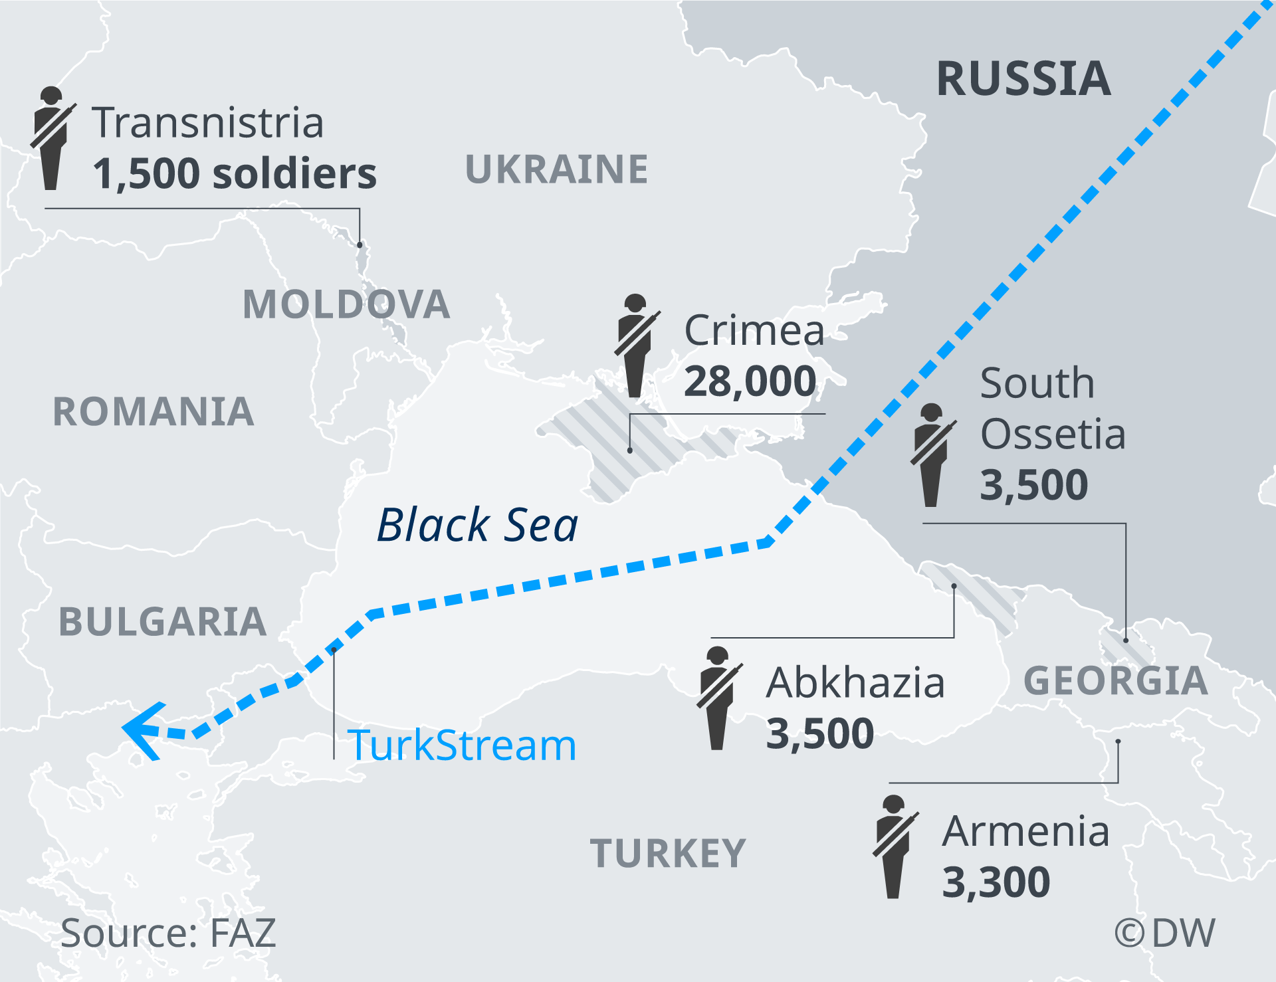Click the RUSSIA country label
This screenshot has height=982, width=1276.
(1023, 79)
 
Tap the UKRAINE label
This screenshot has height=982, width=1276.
(556, 169)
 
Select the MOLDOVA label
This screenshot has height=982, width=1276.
(346, 305)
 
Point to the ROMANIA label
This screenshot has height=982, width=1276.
(154, 412)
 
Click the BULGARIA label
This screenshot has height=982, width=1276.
(163, 623)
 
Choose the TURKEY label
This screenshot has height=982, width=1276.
(668, 854)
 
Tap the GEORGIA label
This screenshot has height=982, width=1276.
(1116, 681)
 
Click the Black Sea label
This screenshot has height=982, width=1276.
(477, 525)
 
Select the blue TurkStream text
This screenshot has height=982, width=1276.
(461, 745)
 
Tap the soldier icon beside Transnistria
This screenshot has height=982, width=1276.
(51, 138)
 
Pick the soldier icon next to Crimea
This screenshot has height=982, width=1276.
(635, 345)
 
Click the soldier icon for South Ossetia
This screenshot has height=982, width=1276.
(932, 455)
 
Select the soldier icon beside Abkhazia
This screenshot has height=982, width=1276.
(718, 698)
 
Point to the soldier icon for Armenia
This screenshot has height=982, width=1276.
(894, 846)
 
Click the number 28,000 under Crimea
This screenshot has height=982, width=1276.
(750, 382)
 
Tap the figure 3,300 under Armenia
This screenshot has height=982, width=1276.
(996, 883)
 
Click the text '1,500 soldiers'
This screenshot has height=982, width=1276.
(235, 174)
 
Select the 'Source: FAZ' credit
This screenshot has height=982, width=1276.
(167, 933)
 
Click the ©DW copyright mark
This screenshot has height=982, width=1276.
(1164, 933)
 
